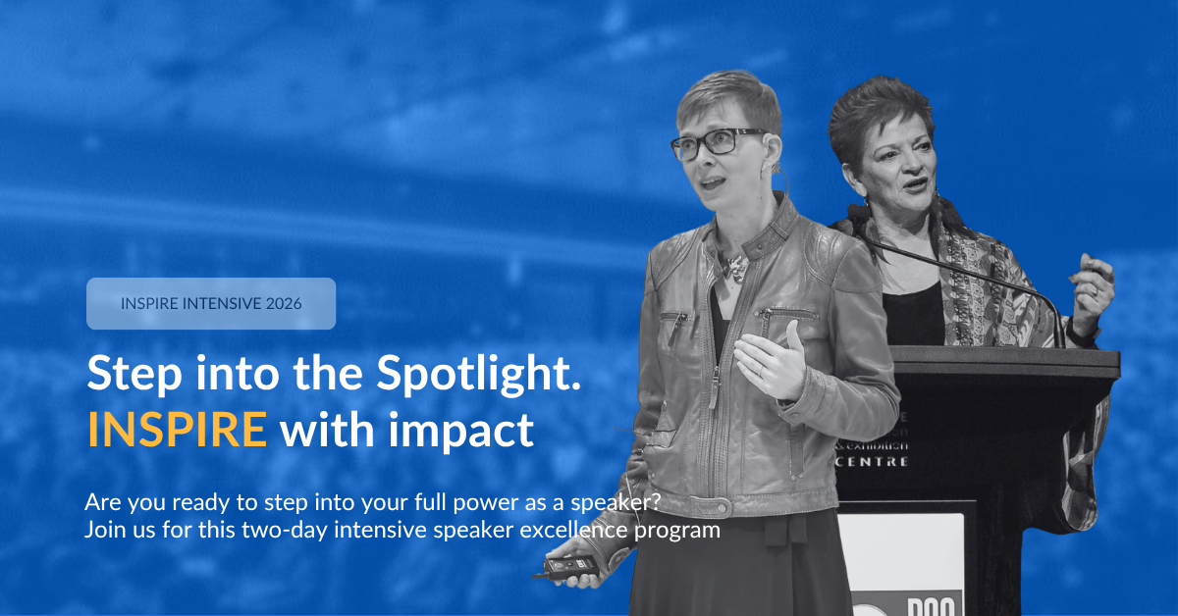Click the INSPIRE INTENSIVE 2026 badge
pyautogui.click(x=211, y=303)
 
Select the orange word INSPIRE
pyautogui.click(x=177, y=430)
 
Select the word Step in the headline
pyautogui.click(x=125, y=374)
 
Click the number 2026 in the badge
pyautogui.click(x=283, y=303)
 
